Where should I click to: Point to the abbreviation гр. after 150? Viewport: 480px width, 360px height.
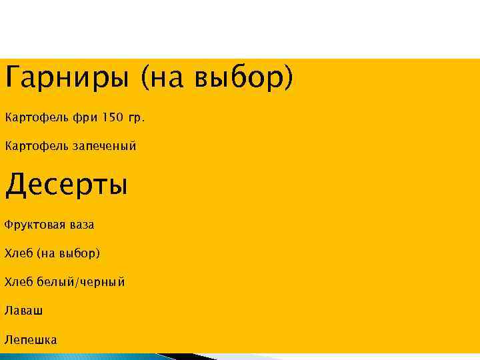(136, 119)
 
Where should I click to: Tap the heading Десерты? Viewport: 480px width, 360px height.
(66, 185)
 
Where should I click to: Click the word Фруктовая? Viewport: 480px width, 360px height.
(35, 225)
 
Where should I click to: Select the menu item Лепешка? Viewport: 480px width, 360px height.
(31, 339)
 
